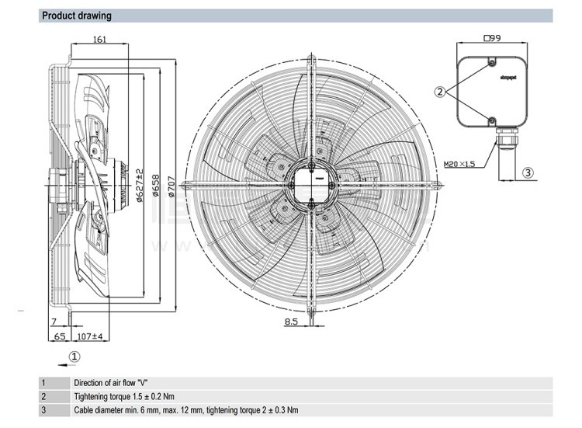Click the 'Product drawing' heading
pyautogui.click(x=76, y=16)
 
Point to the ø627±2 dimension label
pyautogui.click(x=140, y=185)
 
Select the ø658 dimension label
pyautogui.click(x=156, y=184)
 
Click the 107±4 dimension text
pyautogui.click(x=91, y=336)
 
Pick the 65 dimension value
pyautogui.click(x=59, y=336)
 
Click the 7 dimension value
pyautogui.click(x=54, y=322)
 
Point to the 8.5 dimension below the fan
pyautogui.click(x=291, y=320)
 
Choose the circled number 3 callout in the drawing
pyautogui.click(x=528, y=172)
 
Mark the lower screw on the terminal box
pyautogui.click(x=491, y=119)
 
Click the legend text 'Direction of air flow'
pyautogui.click(x=111, y=383)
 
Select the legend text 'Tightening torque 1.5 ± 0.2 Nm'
pyautogui.click(x=128, y=396)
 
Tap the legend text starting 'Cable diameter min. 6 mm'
pyautogui.click(x=185, y=410)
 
